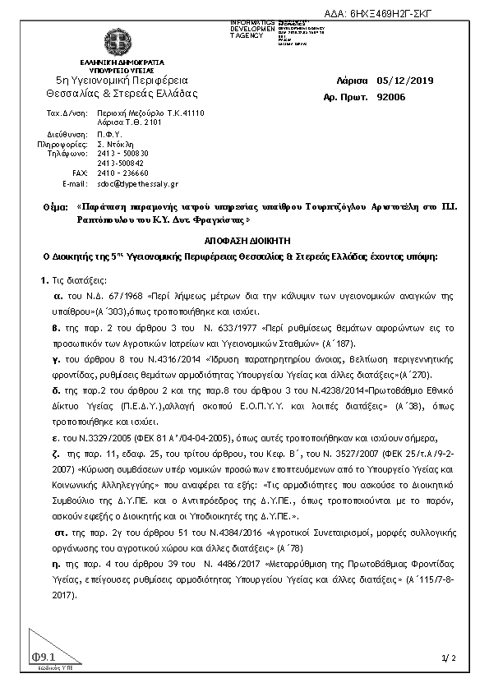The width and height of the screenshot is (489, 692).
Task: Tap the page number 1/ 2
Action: tap(448, 657)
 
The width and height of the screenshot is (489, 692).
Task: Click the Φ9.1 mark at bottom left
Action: tap(43, 657)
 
